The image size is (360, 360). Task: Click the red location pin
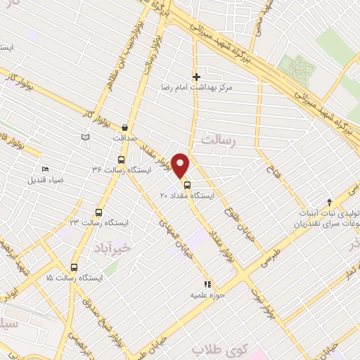[181, 165]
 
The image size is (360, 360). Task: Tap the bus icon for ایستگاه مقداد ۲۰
[186, 186]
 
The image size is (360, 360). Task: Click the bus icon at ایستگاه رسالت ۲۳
[98, 212]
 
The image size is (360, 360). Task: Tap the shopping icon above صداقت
[125, 127]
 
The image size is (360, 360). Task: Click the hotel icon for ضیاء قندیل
[46, 169]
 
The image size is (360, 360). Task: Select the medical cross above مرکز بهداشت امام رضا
[196, 77]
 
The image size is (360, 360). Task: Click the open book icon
[86, 136]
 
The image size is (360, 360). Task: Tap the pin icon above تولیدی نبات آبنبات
[329, 202]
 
